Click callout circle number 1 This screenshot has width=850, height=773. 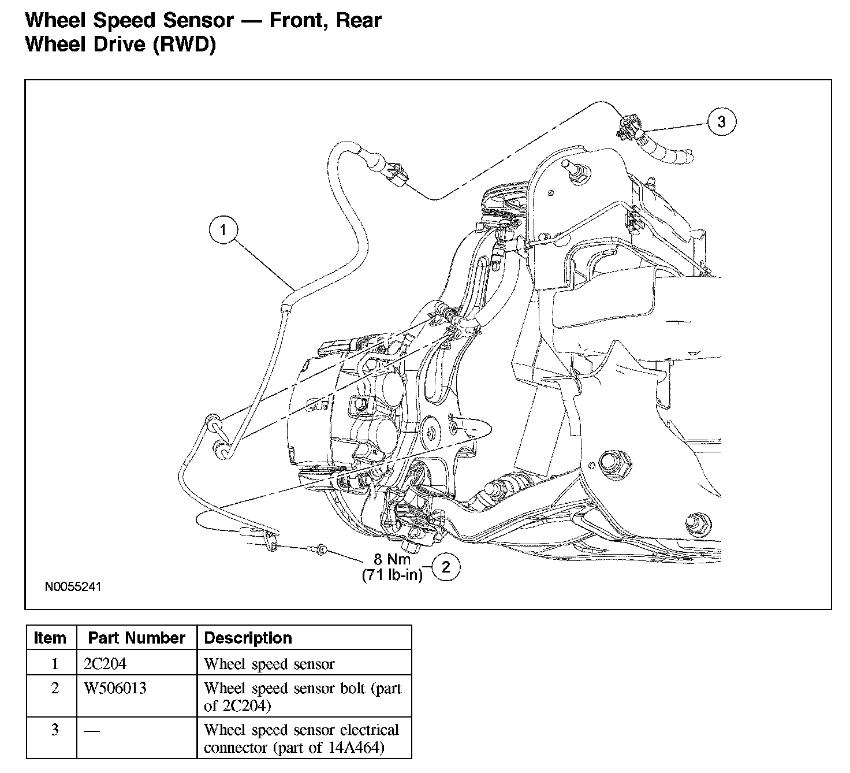pos(222,231)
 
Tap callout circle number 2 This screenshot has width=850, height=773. pos(446,567)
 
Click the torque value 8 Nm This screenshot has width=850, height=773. pos(392,559)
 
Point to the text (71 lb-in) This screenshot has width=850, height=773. pos(392,575)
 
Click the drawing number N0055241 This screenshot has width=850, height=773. pos(73,587)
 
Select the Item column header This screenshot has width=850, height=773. pos(50,638)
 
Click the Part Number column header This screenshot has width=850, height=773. pos(136,638)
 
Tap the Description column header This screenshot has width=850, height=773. pos(248,638)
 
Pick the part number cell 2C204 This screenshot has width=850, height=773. pos(105,663)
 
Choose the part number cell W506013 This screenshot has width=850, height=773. pos(115,688)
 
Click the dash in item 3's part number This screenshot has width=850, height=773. pos(91,731)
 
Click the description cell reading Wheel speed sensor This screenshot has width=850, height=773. pos(269,664)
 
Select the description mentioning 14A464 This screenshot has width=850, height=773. pos(301,738)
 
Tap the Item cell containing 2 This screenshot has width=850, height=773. pos(55,688)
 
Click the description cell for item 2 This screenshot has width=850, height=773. pos(302,696)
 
